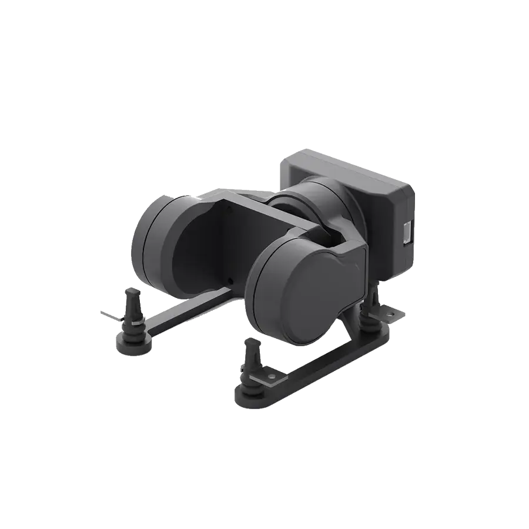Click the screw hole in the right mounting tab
click(x=388, y=316)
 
